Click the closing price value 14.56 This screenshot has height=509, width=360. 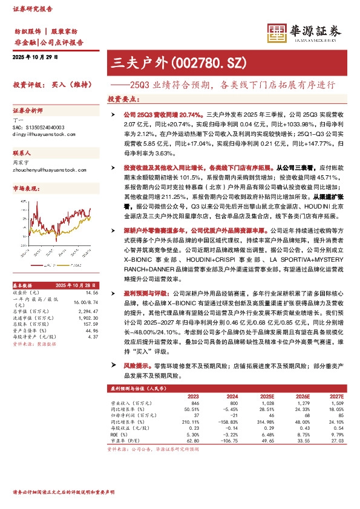[x=91, y=292]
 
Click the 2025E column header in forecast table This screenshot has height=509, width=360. [x=266, y=396]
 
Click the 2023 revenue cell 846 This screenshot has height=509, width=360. [x=194, y=403]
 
